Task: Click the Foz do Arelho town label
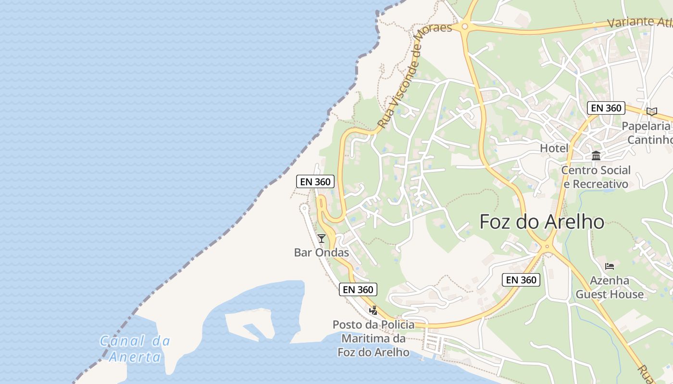point(542,222)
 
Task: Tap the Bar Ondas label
point(321,252)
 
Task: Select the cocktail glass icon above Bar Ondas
point(321,238)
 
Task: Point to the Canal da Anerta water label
point(135,349)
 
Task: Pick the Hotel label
point(554,148)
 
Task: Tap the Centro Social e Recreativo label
point(596,177)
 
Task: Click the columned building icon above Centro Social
point(596,156)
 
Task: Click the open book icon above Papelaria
point(651,111)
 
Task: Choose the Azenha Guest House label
point(610,287)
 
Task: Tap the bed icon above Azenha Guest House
point(610,266)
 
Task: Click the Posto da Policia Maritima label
point(374,338)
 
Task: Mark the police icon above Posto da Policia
point(373,310)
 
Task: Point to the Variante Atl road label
point(639,22)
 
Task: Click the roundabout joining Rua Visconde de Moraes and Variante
point(465,27)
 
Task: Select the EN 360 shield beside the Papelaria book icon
point(606,108)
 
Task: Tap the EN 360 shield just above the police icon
point(358,289)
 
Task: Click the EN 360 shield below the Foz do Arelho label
point(521,280)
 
